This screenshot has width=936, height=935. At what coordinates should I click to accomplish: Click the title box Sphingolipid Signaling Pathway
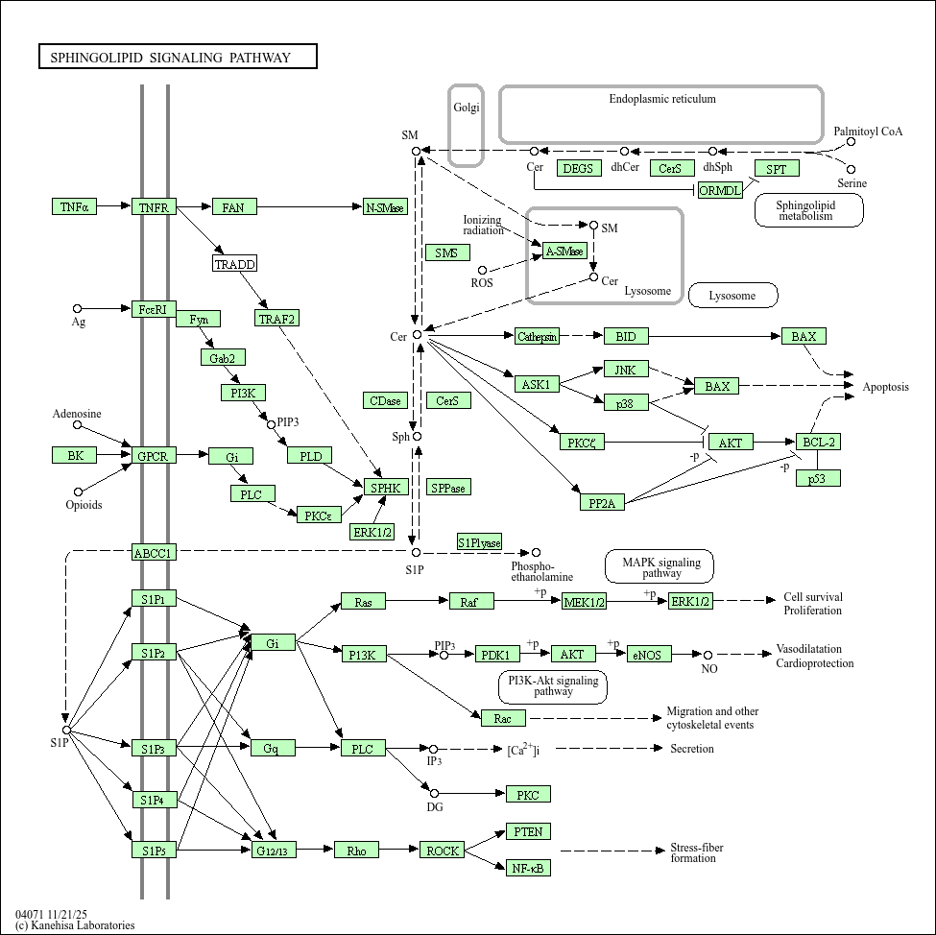point(178,57)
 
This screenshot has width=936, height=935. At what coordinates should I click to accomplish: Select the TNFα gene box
point(74,206)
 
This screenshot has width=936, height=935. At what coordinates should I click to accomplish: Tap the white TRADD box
point(234,263)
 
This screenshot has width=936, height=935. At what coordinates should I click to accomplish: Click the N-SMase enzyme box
point(385,206)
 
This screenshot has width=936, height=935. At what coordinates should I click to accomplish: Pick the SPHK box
point(386,488)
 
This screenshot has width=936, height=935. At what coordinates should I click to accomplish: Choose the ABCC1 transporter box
point(154,552)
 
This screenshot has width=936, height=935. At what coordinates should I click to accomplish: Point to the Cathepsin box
point(538,336)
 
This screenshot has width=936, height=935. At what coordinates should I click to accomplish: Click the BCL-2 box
point(819,442)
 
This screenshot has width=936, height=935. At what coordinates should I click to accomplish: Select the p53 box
point(819,478)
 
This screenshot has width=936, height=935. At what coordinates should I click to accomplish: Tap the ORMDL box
point(721,190)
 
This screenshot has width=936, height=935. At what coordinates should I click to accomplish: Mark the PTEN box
point(528,831)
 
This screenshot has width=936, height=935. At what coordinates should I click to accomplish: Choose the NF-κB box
point(528,868)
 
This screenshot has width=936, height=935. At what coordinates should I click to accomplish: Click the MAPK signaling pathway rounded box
point(660,566)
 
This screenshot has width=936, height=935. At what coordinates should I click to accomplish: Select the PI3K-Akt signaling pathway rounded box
point(553,686)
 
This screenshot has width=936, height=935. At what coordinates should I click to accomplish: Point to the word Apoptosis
point(885,386)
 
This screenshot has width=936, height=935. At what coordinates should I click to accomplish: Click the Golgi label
point(467,108)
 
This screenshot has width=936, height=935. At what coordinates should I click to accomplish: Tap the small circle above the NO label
point(708,655)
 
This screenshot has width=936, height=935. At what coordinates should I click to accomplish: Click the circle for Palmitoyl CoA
point(851,141)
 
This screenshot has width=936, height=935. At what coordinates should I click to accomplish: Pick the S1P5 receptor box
point(154,850)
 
